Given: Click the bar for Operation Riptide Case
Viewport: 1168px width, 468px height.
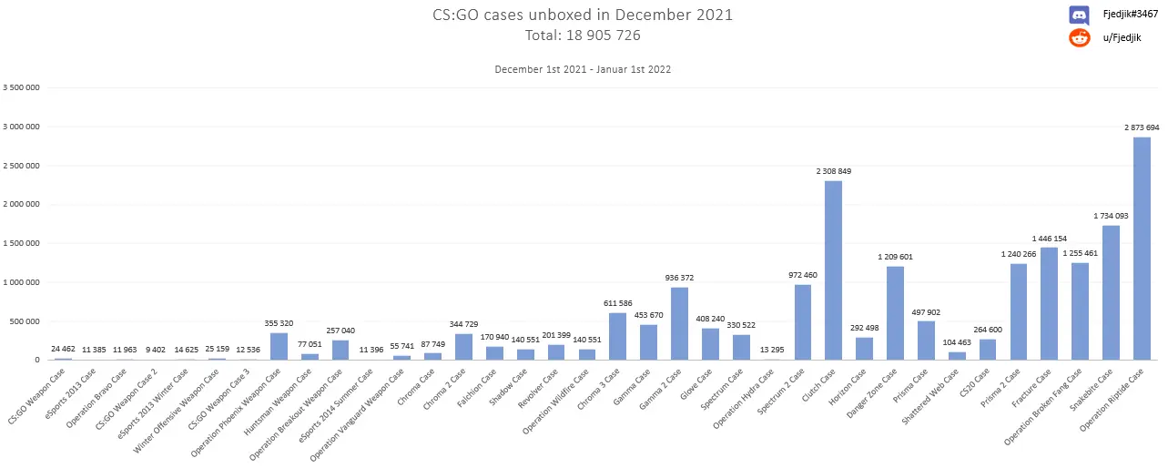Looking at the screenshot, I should click(1142, 248).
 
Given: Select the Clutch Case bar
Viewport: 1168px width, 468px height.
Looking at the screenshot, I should click(833, 270).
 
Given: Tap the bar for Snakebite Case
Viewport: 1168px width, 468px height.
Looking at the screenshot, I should click(1111, 292).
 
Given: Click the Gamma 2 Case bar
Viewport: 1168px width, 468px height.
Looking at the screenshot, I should click(679, 323).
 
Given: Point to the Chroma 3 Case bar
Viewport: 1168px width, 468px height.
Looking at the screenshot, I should click(617, 336).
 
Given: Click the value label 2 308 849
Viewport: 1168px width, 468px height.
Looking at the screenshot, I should click(833, 171).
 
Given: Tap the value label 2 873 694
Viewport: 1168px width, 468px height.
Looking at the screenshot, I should click(1142, 127).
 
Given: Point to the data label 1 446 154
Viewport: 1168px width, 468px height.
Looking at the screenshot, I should click(1050, 239).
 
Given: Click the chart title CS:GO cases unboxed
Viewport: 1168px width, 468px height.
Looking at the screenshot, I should click(583, 15).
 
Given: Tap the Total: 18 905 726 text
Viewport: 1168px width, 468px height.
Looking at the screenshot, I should click(583, 36).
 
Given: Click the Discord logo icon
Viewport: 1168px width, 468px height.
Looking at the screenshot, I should click(1079, 15).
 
